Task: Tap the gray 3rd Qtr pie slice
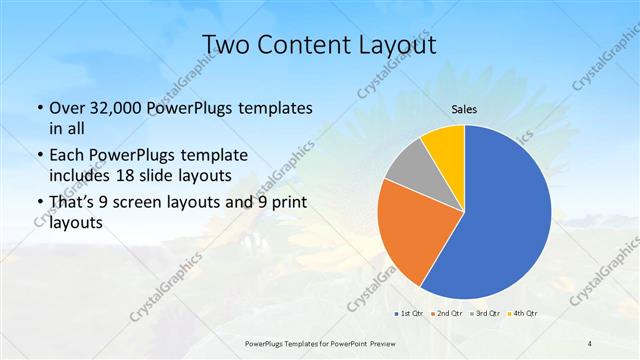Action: [x=409, y=167]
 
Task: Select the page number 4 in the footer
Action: [x=590, y=343]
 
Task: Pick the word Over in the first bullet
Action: [x=68, y=108]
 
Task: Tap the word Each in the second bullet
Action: [x=68, y=156]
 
